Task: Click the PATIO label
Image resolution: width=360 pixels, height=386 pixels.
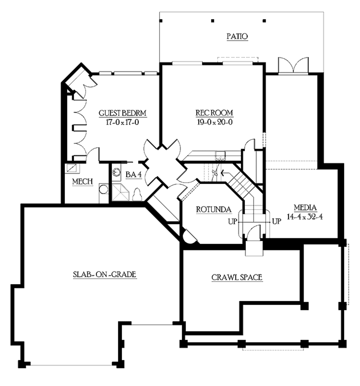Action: pyautogui.click(x=237, y=36)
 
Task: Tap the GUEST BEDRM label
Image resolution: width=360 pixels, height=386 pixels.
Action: pyautogui.click(x=122, y=113)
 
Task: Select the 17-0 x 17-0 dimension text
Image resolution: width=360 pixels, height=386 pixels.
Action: pyautogui.click(x=122, y=122)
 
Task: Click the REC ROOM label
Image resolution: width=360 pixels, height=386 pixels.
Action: pyautogui.click(x=214, y=113)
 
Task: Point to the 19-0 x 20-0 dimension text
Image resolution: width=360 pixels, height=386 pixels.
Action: pyautogui.click(x=214, y=122)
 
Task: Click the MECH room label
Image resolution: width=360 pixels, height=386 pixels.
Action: pyautogui.click(x=82, y=181)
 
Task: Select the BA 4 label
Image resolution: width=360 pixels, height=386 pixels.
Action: pyautogui.click(x=133, y=174)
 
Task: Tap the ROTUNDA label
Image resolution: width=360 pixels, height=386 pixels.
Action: pyautogui.click(x=214, y=210)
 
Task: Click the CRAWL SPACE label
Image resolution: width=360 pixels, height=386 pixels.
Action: pyautogui.click(x=237, y=277)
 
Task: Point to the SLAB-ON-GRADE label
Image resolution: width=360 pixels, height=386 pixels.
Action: pyautogui.click(x=104, y=274)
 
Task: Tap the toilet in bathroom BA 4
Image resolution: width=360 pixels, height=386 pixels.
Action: pyautogui.click(x=137, y=194)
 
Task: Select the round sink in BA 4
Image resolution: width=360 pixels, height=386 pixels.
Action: pyautogui.click(x=116, y=172)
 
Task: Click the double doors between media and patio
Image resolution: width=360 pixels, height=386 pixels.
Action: pyautogui.click(x=293, y=66)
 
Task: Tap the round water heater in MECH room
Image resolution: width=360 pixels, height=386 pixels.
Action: pyautogui.click(x=103, y=189)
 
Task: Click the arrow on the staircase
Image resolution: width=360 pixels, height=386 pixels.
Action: pyautogui.click(x=223, y=173)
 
